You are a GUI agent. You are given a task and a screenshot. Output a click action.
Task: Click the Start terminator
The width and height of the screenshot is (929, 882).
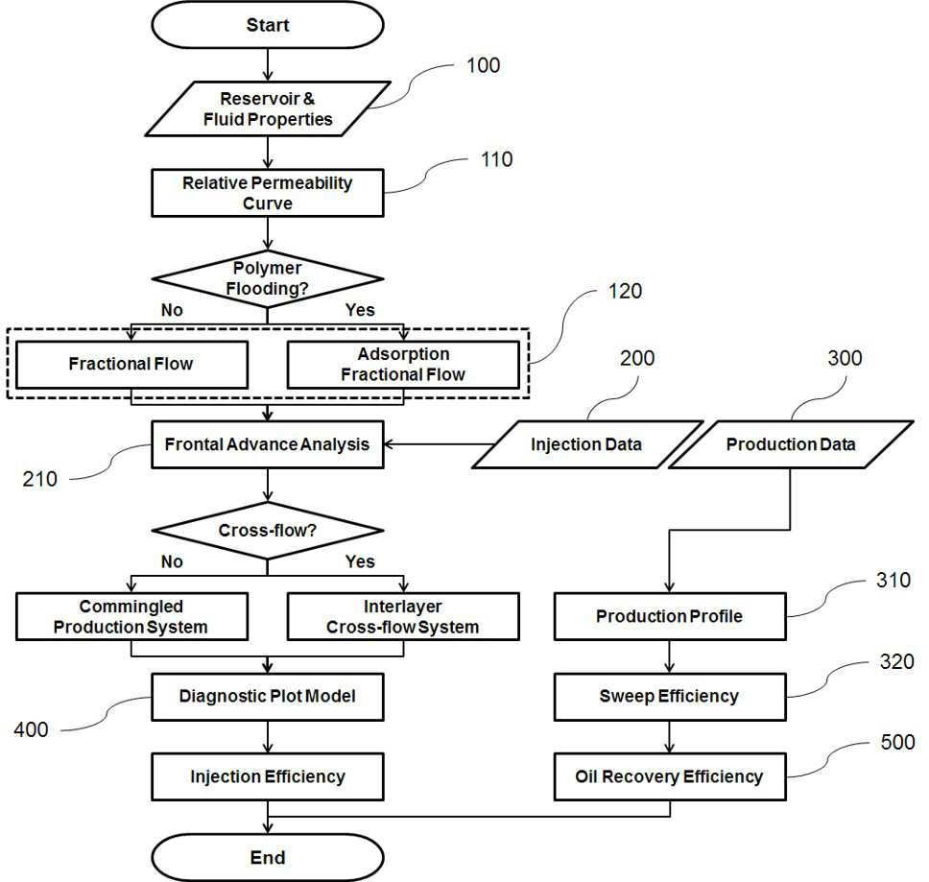268,25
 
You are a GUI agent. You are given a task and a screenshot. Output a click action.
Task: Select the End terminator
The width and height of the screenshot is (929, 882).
268,857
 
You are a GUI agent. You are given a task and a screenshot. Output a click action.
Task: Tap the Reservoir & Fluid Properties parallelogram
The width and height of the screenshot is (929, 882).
268,109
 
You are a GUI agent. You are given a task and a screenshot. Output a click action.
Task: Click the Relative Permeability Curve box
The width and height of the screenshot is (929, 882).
268,193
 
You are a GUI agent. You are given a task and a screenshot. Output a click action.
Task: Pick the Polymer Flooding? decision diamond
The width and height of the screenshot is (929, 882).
268,279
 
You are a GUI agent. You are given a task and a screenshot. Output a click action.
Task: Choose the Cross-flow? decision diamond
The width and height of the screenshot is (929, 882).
268,530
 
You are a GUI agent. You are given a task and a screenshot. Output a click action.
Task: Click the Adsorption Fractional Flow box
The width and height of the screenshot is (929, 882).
403,365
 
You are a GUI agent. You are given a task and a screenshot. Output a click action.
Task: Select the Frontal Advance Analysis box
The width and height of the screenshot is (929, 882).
268,445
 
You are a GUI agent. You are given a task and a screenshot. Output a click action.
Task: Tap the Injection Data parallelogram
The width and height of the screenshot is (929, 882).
587,445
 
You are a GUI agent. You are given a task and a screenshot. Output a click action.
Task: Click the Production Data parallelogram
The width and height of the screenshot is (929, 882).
791,445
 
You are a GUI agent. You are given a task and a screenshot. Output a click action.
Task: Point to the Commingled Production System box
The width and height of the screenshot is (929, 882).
131,616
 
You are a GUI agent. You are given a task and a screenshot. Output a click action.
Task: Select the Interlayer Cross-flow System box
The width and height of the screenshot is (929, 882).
403,616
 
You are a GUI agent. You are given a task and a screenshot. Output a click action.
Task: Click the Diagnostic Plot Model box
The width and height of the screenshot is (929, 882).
268,697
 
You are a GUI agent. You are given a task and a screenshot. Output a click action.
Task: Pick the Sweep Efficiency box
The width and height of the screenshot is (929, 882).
670,697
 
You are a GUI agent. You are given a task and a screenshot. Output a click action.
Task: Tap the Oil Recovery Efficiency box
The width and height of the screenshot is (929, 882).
670,776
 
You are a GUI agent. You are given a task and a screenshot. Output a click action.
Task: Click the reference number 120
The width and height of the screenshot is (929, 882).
625,292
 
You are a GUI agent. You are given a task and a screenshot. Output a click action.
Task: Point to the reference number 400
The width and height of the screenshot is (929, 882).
31,729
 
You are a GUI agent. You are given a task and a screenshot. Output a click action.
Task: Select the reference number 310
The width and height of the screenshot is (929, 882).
893,580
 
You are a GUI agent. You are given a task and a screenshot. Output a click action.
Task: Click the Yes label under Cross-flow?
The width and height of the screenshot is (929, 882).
360,561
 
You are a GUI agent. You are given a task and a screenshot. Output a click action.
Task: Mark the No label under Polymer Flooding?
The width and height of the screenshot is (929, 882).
172,310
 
